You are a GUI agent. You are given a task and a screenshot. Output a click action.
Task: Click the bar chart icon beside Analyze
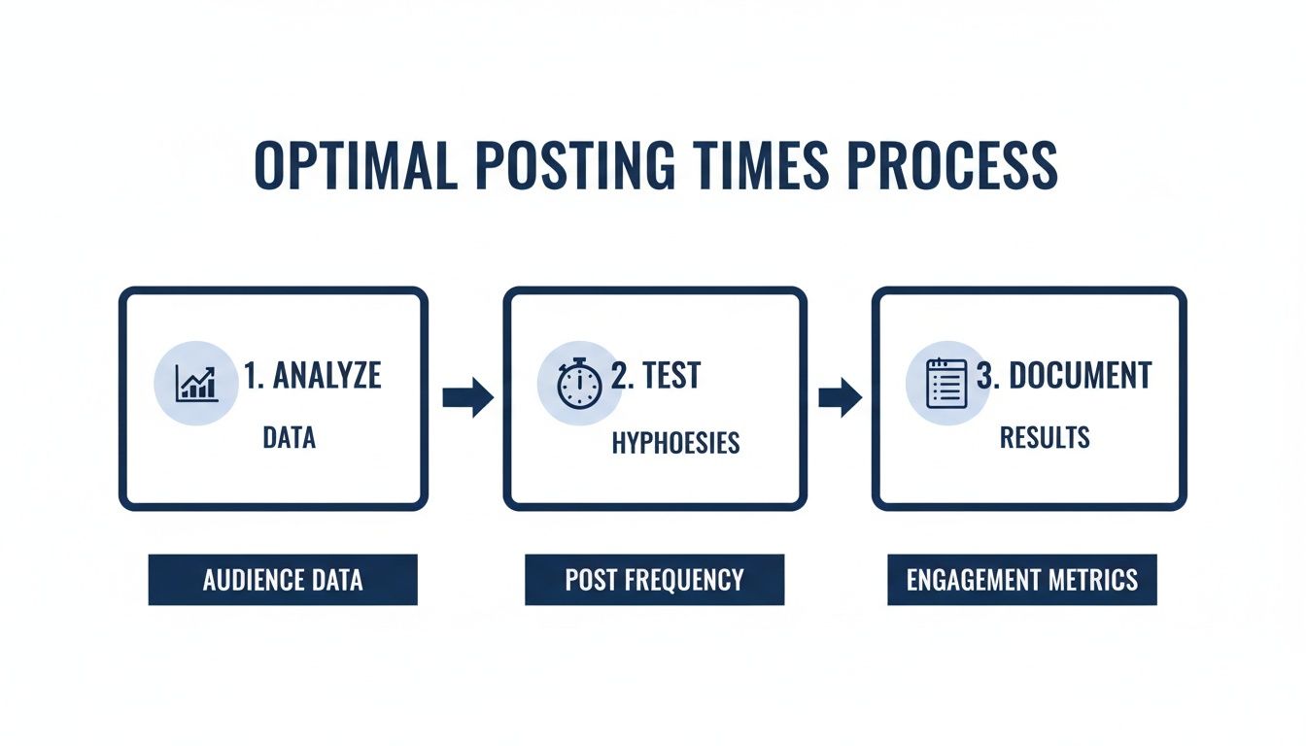196,383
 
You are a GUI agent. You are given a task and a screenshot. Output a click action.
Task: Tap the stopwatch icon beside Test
579,383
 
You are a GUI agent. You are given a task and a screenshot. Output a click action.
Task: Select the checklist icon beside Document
946,383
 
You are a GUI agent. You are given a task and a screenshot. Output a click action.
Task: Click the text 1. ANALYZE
312,376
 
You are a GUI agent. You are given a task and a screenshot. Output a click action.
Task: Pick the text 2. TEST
655,376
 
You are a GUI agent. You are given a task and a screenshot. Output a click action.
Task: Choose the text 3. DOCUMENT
1063,376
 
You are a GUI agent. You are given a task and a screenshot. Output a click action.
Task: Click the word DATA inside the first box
289,438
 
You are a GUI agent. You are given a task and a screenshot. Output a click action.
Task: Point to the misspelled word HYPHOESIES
675,444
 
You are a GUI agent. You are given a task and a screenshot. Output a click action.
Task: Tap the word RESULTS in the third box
1045,438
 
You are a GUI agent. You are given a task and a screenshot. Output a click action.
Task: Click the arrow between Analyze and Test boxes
468,396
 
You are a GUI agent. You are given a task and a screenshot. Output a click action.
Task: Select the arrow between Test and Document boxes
840,396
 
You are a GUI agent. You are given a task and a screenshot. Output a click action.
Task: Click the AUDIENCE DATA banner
283,580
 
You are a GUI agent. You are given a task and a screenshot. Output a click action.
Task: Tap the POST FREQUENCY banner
654,580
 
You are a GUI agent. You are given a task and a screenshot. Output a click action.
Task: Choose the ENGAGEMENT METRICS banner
1021,580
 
